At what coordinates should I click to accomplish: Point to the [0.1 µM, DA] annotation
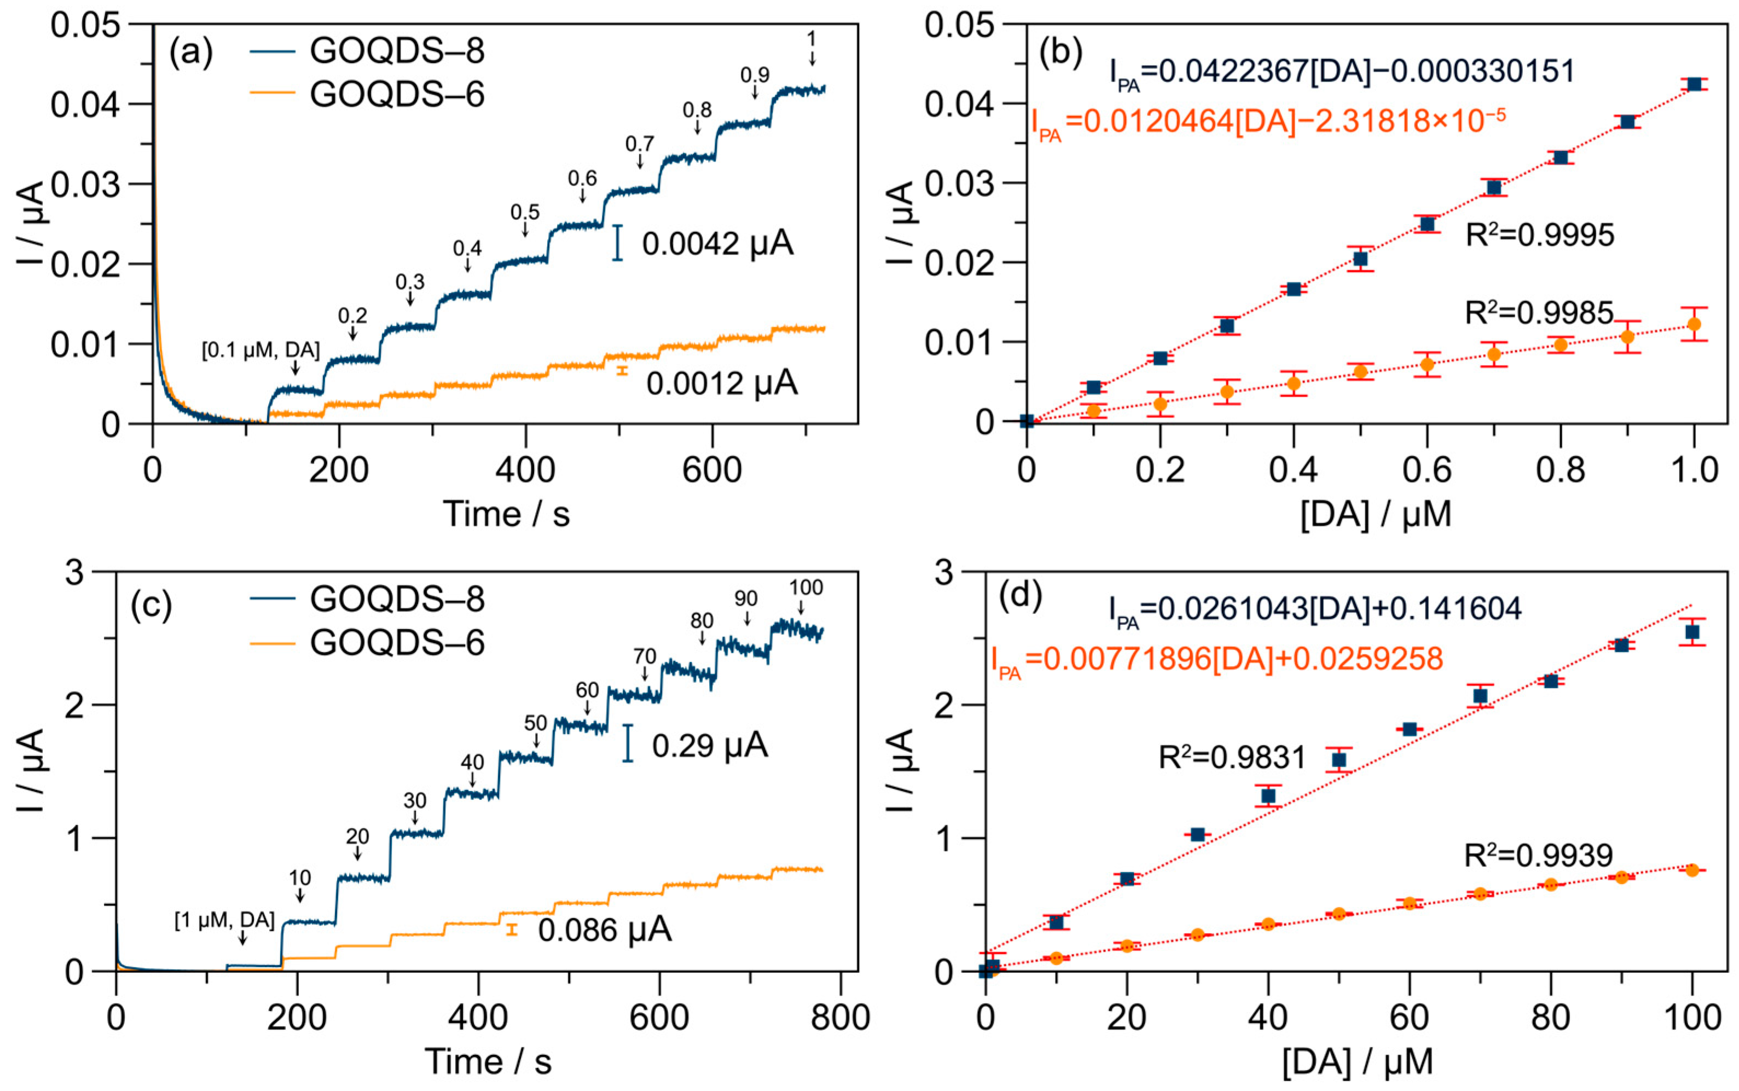pos(260,351)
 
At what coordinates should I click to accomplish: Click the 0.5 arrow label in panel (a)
pos(525,212)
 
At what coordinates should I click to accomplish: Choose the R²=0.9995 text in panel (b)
pos(1539,235)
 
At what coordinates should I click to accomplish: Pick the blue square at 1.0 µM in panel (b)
pos(1694,84)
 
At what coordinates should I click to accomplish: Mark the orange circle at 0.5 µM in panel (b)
pos(1360,372)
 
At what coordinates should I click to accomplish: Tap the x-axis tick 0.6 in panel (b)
pos(1427,471)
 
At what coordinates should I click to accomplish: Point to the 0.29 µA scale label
pos(709,745)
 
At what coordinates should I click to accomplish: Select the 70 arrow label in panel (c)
pos(645,656)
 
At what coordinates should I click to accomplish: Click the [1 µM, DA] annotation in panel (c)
pos(224,920)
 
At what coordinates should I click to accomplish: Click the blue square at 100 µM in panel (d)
pos(1691,632)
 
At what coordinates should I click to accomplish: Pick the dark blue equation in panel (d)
pos(1315,609)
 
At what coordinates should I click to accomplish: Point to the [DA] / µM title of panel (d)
pos(1357,1062)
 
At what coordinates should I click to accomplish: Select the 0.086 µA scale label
pos(605,930)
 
